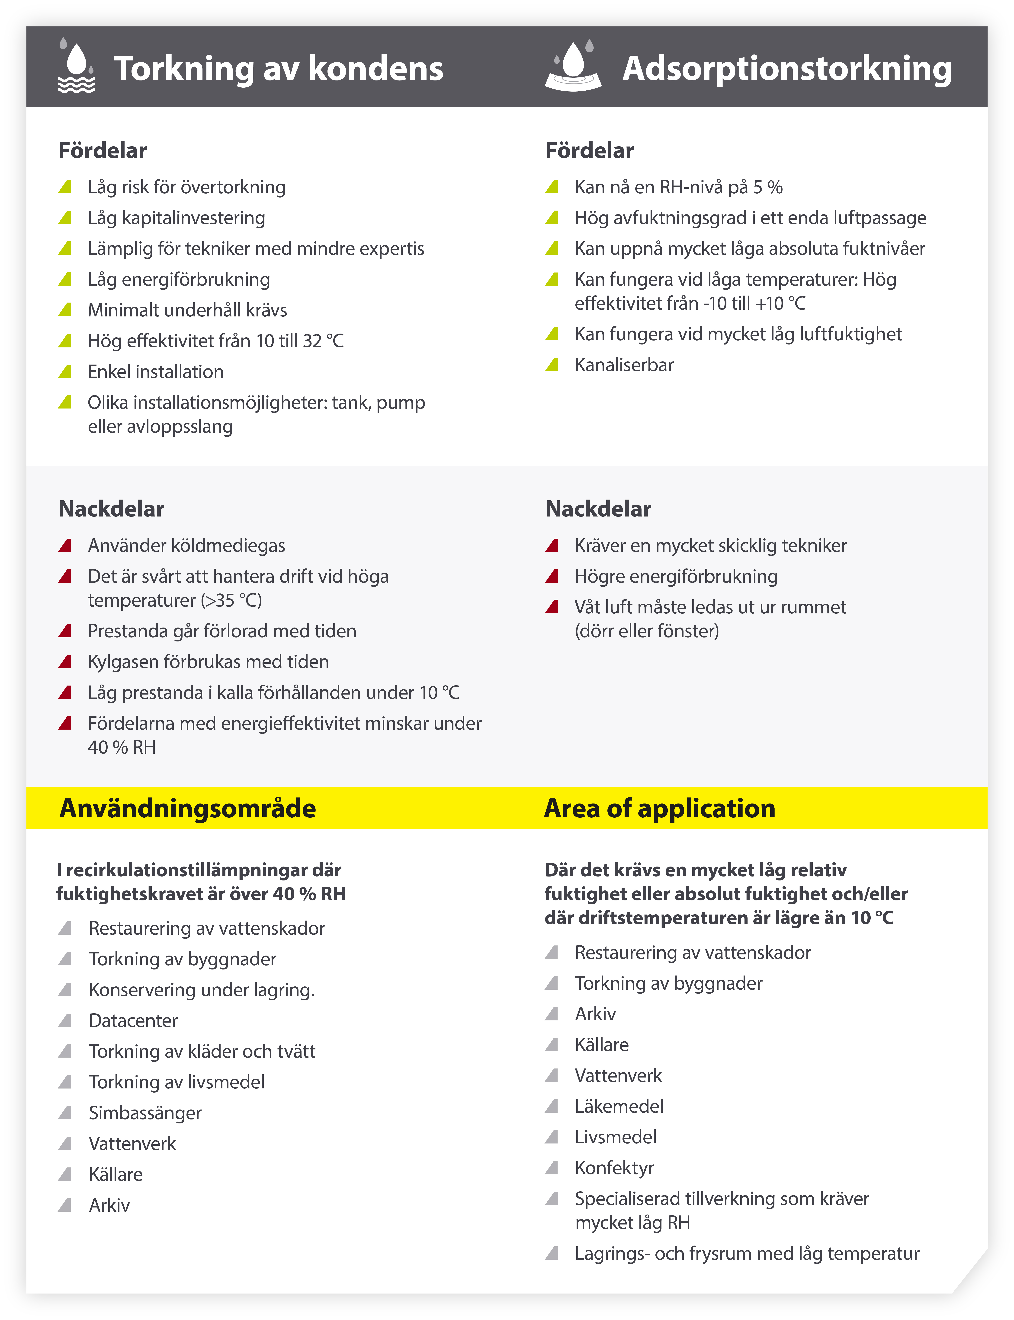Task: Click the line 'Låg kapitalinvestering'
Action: click(x=176, y=218)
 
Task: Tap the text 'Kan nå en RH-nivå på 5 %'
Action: click(x=678, y=187)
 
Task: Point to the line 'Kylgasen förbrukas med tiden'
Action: click(x=208, y=662)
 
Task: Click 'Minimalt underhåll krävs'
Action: click(x=187, y=310)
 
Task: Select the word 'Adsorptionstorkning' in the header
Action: click(x=787, y=68)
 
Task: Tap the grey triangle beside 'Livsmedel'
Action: click(x=552, y=1137)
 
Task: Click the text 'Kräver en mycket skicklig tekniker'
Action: click(x=710, y=545)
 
